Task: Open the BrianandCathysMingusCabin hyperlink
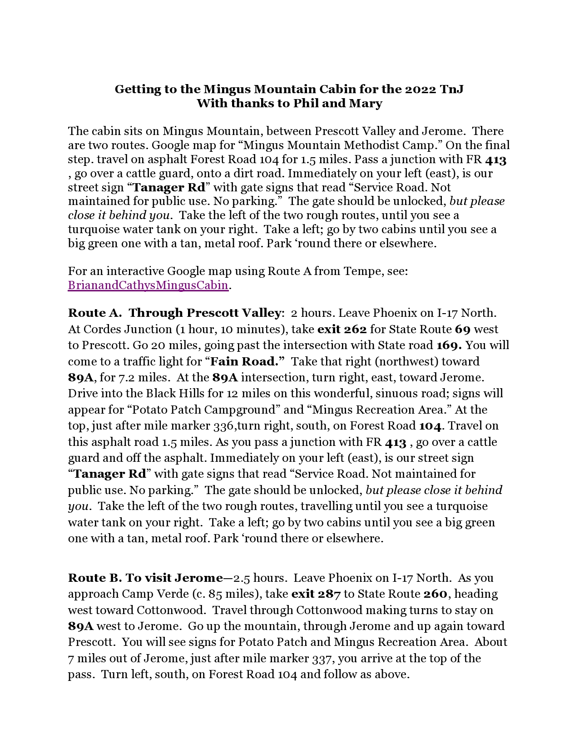click(148, 285)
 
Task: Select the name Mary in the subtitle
click(365, 103)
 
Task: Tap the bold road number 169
click(449, 345)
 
